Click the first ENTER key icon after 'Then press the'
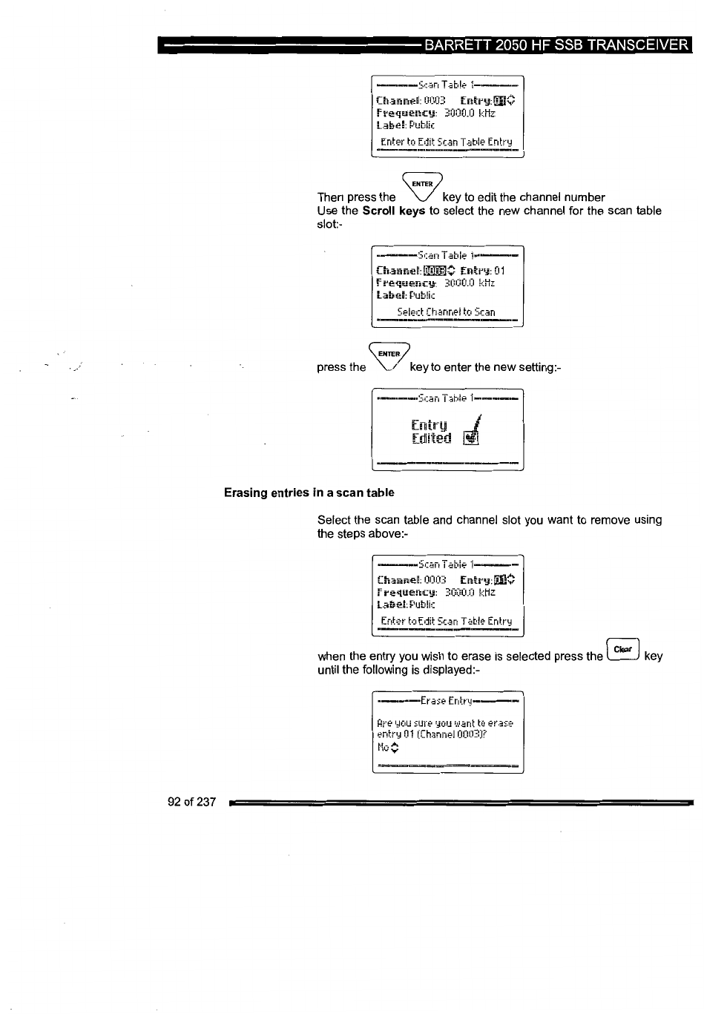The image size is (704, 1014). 421,186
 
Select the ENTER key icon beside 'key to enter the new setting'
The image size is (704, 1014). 389,358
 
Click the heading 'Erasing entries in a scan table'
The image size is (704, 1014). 309,493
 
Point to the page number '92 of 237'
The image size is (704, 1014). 192,802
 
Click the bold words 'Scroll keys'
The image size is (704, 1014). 394,211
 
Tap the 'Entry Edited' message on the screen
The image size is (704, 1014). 430,432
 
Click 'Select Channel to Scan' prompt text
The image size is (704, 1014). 446,312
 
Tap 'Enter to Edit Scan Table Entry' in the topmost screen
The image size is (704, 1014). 446,142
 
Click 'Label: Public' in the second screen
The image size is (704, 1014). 406,295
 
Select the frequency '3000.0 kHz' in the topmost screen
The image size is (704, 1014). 470,113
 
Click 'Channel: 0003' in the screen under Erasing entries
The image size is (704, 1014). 412,580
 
